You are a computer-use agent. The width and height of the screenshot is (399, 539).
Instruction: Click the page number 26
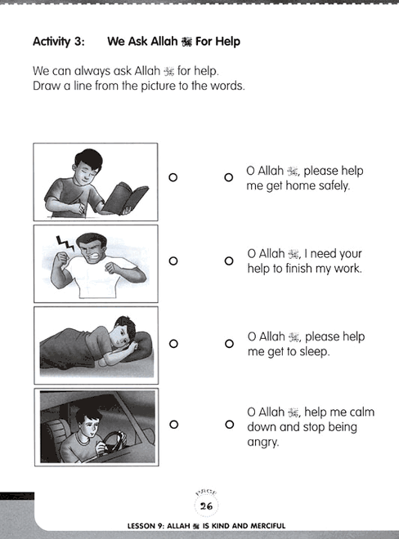pyautogui.click(x=206, y=506)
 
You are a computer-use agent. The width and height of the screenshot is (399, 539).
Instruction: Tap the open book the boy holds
pyautogui.click(x=125, y=198)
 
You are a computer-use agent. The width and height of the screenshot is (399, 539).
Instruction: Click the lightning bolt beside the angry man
pyautogui.click(x=65, y=243)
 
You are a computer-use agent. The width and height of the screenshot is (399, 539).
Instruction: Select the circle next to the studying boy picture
pyautogui.click(x=173, y=177)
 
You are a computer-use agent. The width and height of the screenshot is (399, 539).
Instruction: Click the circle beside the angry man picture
pyautogui.click(x=173, y=261)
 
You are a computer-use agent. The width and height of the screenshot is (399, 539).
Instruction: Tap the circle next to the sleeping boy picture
pyautogui.click(x=173, y=343)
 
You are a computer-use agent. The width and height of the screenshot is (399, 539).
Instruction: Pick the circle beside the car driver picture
pyautogui.click(x=174, y=424)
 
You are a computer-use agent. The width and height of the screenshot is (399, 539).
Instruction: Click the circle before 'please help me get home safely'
pyautogui.click(x=229, y=177)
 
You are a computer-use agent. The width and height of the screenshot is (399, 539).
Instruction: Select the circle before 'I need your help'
pyautogui.click(x=229, y=261)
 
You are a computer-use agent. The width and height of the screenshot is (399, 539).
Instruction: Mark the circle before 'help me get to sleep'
pyautogui.click(x=229, y=343)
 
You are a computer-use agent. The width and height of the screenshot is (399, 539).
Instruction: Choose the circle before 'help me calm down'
pyautogui.click(x=230, y=424)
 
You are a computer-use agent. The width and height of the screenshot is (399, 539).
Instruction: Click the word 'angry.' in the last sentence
pyautogui.click(x=262, y=443)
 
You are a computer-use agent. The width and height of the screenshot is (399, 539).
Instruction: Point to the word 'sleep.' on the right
pyautogui.click(x=314, y=352)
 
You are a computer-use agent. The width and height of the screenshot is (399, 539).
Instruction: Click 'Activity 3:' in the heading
pyautogui.click(x=59, y=42)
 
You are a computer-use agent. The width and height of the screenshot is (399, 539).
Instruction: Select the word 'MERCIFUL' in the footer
pyautogui.click(x=268, y=526)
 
